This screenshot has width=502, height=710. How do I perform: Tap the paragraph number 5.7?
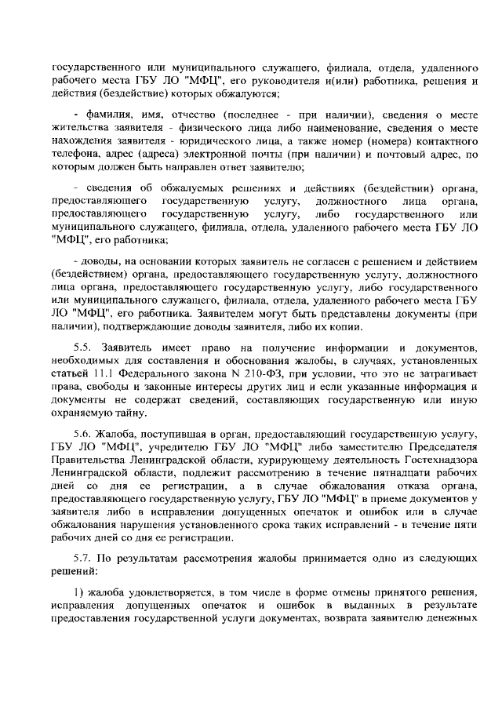click(x=82, y=557)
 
